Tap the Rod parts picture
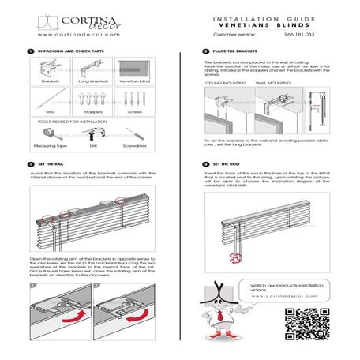coord(51,99)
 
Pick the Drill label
coord(94,147)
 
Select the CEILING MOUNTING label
coord(222,81)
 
